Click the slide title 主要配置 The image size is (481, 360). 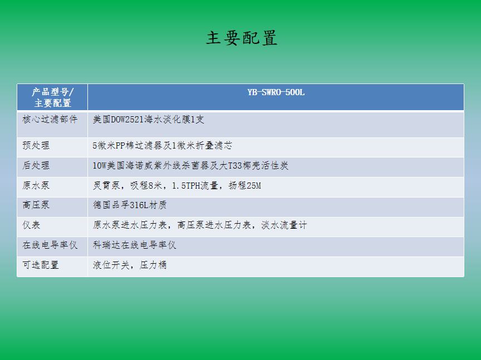[x=242, y=38]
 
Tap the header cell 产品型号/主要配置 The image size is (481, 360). [x=52, y=97]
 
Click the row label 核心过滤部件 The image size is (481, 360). [x=50, y=119]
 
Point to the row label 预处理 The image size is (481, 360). [x=36, y=145]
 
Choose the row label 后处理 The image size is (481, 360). [x=36, y=165]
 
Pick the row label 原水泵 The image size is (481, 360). [x=36, y=185]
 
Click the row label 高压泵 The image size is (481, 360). [x=36, y=205]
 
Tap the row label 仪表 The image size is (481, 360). [x=31, y=225]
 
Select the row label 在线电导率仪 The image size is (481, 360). [x=50, y=245]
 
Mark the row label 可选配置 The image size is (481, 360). [x=41, y=265]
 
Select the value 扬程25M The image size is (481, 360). [x=245, y=185]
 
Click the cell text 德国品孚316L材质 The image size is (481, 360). [x=130, y=205]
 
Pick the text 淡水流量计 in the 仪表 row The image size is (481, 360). [x=284, y=225]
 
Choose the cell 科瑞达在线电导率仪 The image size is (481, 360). [x=134, y=245]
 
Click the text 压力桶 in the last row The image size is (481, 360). [x=153, y=265]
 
